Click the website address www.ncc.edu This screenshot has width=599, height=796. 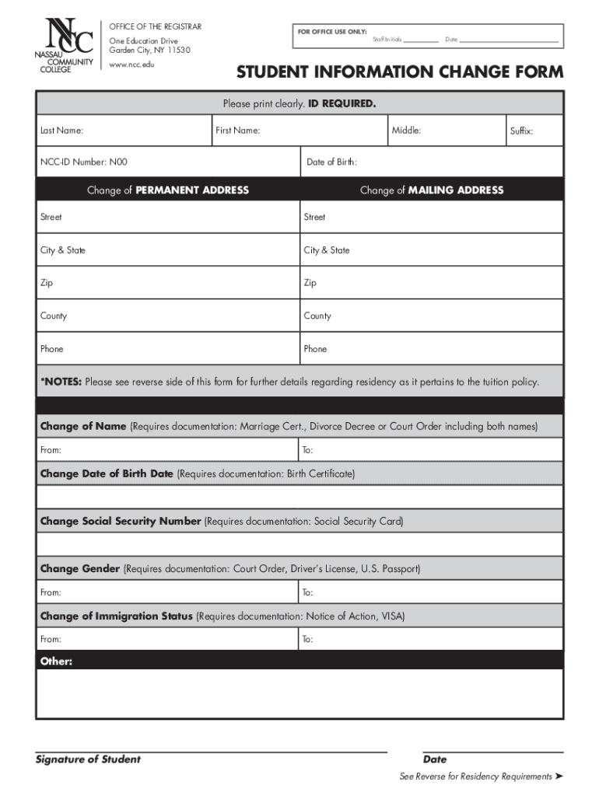(x=131, y=64)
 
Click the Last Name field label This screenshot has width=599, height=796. (x=62, y=131)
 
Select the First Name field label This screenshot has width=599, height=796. (x=238, y=131)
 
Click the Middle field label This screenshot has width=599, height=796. (x=406, y=131)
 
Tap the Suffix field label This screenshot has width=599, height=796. (x=521, y=131)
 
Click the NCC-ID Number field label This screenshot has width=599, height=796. (x=83, y=162)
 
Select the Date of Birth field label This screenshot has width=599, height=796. (x=331, y=162)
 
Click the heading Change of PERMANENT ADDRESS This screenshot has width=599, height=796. (x=168, y=190)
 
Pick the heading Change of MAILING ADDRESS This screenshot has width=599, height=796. (x=432, y=190)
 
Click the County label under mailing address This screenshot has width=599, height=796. (x=317, y=316)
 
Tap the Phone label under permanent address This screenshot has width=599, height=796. (x=52, y=349)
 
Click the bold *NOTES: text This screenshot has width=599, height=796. (x=61, y=382)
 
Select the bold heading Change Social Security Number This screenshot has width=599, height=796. (x=121, y=522)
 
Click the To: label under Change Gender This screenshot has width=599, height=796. (x=308, y=592)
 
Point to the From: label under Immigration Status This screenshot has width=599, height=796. (x=51, y=639)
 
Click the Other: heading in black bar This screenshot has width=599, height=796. (x=56, y=662)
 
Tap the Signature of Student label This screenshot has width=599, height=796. (x=88, y=759)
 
